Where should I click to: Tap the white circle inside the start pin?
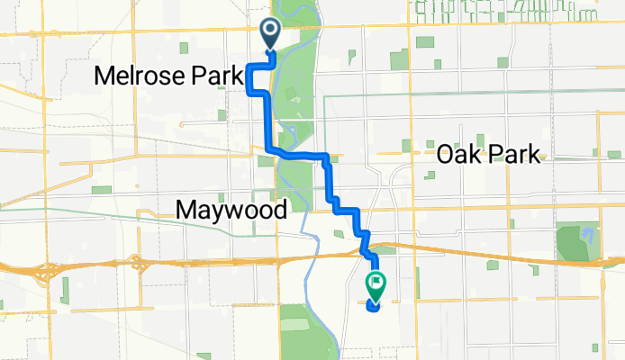click(x=270, y=31)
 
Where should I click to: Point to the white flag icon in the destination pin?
click(x=376, y=283)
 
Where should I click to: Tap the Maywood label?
click(x=231, y=211)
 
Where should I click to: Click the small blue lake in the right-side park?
click(x=588, y=236)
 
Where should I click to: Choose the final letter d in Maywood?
click(x=280, y=211)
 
